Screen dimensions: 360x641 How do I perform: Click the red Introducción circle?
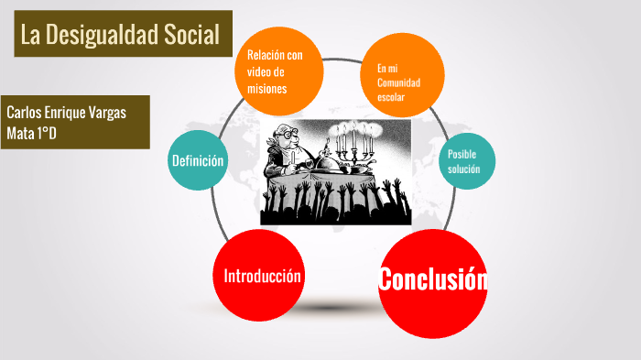tap(263, 276)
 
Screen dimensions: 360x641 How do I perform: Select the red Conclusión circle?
tap(432, 280)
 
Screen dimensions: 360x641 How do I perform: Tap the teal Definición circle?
tap(198, 161)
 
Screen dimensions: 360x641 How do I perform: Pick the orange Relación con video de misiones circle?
tap(282, 71)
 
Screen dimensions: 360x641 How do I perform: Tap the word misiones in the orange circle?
tap(267, 89)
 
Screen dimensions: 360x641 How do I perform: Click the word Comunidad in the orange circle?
tap(398, 82)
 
